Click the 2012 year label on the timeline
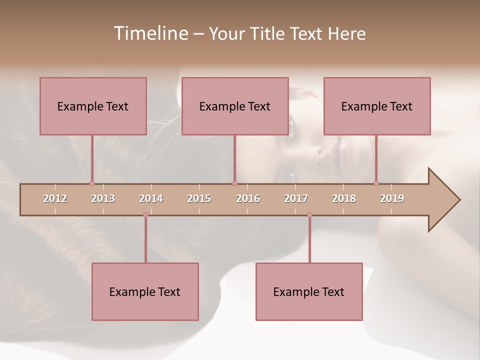[55, 198]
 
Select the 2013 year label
[103, 198]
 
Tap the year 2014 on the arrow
[151, 198]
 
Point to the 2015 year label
[199, 198]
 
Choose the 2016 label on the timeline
[248, 198]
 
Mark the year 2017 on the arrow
[296, 198]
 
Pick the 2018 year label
[344, 198]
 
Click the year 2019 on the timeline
[392, 198]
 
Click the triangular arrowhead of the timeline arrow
[442, 200]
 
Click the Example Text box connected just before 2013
[93, 106]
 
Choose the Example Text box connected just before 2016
[235, 106]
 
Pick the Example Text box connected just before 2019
[377, 106]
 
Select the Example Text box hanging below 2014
[145, 291]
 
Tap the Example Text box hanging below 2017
[309, 291]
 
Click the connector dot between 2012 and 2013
[92, 183]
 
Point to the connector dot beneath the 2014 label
[145, 215]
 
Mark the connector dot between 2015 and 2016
[234, 183]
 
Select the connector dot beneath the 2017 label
[309, 215]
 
